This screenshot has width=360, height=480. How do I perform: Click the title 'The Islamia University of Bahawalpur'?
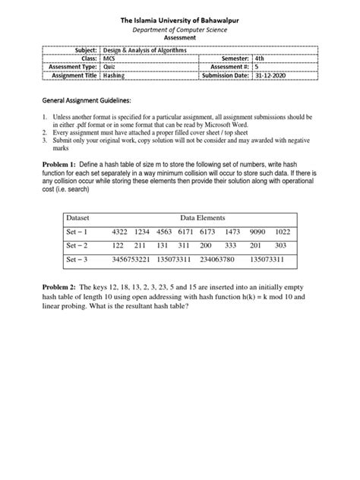pos(180,9)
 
